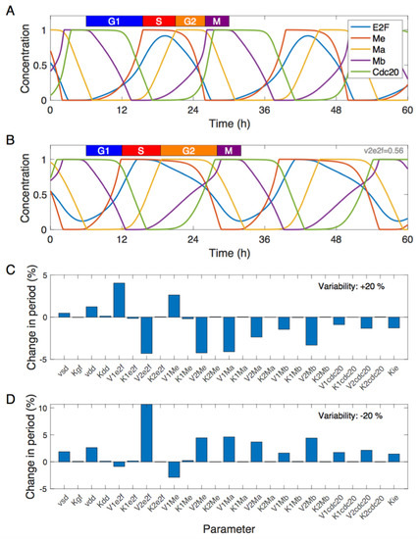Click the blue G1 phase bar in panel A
click(x=114, y=21)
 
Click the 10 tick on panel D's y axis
click(x=40, y=404)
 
